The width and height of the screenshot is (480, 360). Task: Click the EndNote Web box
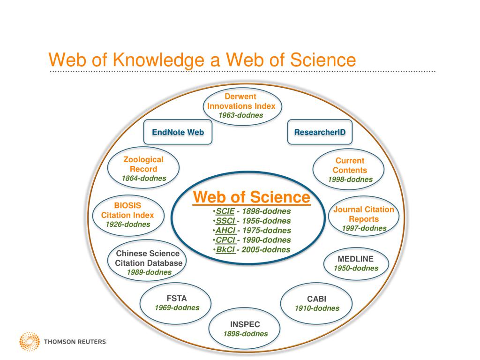[178, 132]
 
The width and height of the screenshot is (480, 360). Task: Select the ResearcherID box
[320, 132]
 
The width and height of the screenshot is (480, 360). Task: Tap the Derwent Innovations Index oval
[241, 106]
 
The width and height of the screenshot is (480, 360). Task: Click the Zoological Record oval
[143, 169]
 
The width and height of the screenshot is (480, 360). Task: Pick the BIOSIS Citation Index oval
[127, 215]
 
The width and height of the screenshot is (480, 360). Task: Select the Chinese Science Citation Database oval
[148, 263]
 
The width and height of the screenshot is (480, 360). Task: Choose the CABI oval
[316, 303]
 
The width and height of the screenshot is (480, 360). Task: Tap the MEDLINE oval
[355, 263]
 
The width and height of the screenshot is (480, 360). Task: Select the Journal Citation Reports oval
[364, 219]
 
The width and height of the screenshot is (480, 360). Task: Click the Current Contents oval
[350, 170]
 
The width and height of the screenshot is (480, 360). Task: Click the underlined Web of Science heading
[252, 197]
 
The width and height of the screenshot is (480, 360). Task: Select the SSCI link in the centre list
[225, 221]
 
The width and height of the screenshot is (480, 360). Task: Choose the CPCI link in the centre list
[225, 240]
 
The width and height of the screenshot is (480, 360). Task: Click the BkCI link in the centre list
[225, 249]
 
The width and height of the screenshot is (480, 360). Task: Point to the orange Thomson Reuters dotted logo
[29, 341]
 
